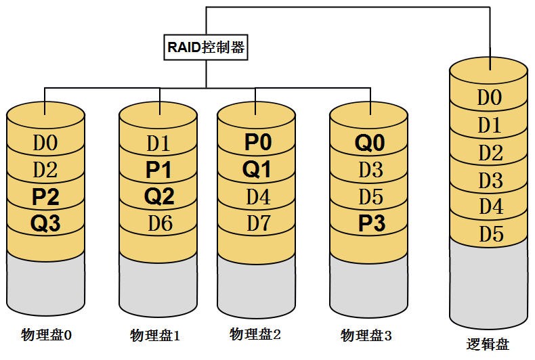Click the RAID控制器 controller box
[206, 48]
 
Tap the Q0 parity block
[370, 143]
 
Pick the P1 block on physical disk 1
[158, 170]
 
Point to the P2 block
[46, 197]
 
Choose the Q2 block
[158, 197]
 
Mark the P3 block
[370, 223]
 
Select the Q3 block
[46, 223]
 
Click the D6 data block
[158, 223]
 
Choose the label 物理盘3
[366, 336]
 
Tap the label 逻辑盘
[488, 344]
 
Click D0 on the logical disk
[489, 97]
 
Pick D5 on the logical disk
[489, 234]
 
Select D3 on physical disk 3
[370, 170]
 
